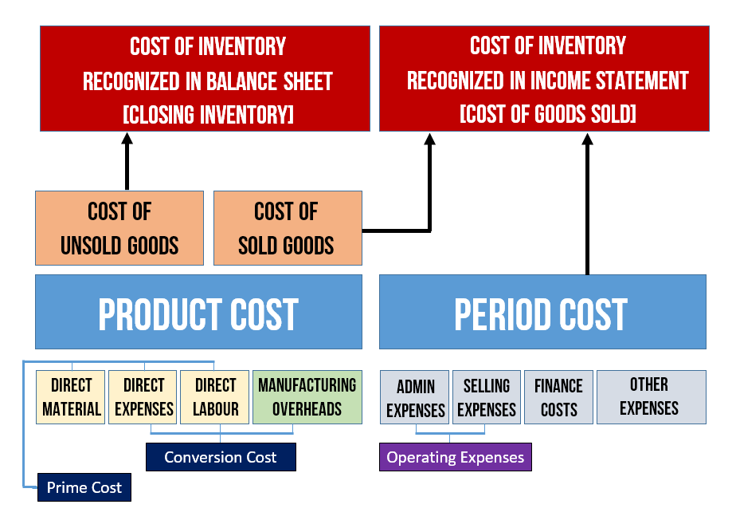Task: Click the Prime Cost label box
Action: coord(84,487)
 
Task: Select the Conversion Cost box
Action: coord(221,457)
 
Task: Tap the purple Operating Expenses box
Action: coord(455,457)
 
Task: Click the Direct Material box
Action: coord(71,397)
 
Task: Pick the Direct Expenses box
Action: coord(143,397)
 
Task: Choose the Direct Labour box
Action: coord(215,397)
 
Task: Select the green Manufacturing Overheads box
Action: coord(307,397)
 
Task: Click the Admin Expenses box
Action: coord(414,397)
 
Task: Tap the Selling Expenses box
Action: coord(487,397)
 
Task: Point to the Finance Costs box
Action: coord(559,397)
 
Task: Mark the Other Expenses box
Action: coord(652,397)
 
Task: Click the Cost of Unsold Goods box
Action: coord(119,228)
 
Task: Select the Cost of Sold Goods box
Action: coord(288,228)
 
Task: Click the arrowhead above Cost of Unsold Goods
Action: coord(127,138)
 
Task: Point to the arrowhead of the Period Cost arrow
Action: coord(587,139)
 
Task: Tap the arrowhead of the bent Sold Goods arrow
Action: coord(429,139)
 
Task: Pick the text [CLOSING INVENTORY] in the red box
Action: coord(208,115)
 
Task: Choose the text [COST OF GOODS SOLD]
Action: coord(547,114)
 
